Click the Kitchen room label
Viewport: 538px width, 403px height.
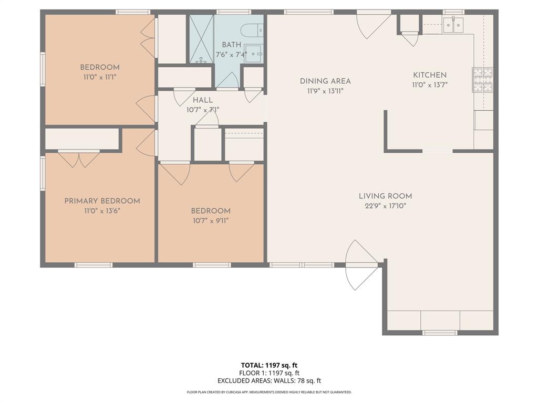(x=429, y=75)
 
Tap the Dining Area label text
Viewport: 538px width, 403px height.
(x=325, y=81)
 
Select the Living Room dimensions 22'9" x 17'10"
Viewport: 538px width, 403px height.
(x=385, y=206)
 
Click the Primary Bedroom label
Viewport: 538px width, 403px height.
(x=102, y=201)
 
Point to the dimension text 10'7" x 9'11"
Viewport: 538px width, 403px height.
(x=210, y=220)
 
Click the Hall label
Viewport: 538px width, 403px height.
(x=202, y=100)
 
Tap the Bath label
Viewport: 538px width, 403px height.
(x=231, y=45)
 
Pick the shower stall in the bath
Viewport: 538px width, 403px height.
(x=201, y=39)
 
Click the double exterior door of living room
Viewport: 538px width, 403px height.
(x=362, y=265)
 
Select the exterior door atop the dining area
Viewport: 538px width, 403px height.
(x=374, y=24)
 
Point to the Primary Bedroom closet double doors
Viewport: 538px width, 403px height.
(x=79, y=158)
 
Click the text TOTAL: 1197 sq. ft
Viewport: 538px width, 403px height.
(x=269, y=365)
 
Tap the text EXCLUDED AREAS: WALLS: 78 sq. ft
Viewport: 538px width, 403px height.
(x=269, y=381)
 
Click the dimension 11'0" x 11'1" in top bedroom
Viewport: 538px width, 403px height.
(x=100, y=77)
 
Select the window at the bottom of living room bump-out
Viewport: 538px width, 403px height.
(x=440, y=332)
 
